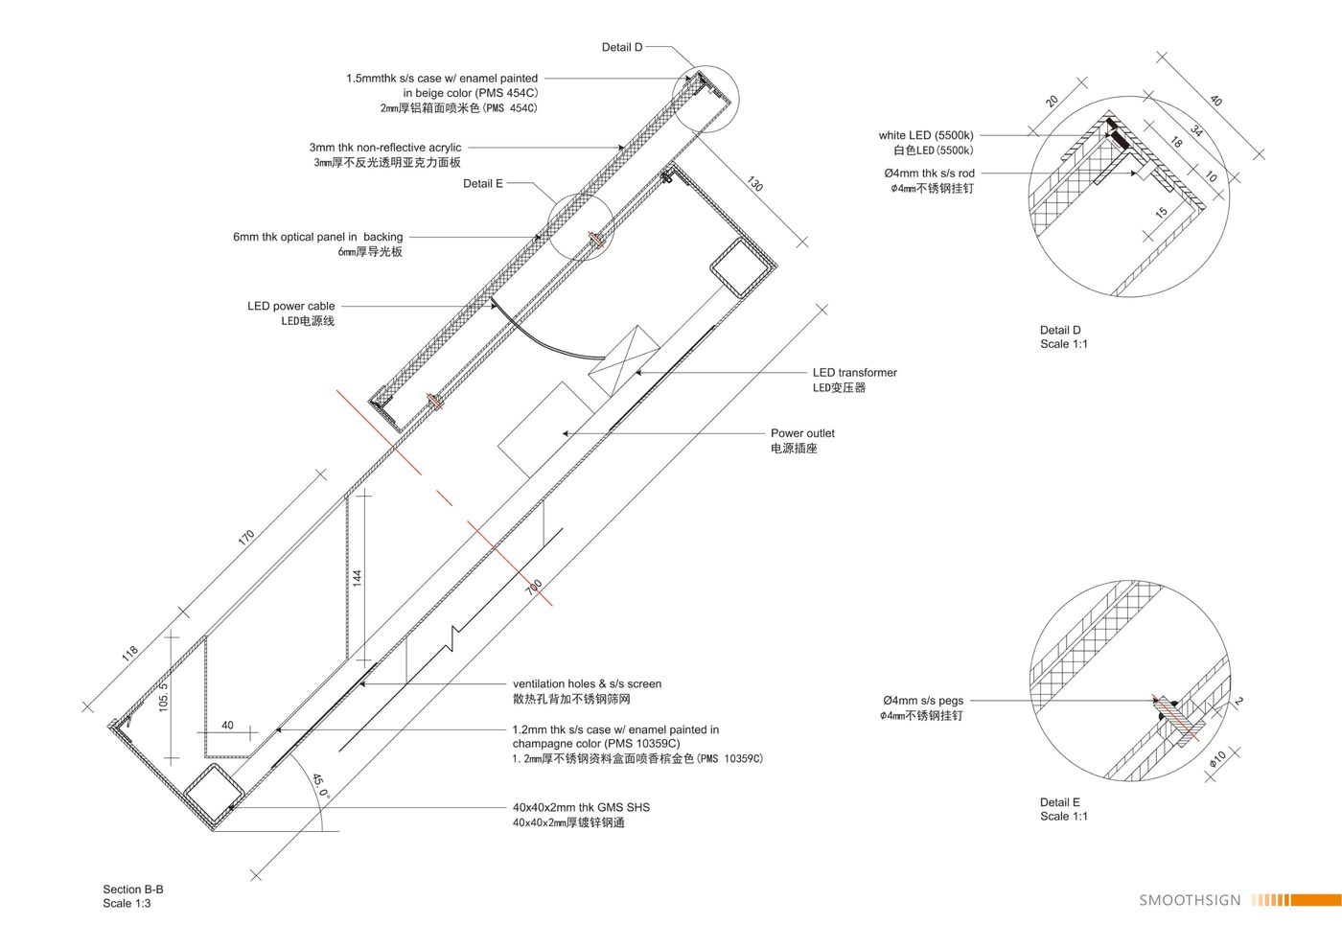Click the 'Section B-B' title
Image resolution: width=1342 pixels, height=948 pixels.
[133, 890]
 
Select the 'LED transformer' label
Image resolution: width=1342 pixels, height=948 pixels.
[854, 373]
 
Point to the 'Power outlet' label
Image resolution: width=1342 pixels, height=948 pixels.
[802, 433]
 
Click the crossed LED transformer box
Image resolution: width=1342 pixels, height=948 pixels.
[624, 360]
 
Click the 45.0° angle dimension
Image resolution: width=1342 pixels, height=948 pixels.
[321, 787]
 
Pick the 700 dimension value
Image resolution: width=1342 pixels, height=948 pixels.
[533, 588]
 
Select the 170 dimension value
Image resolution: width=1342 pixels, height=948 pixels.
[246, 538]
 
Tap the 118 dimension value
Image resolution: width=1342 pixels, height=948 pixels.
[129, 654]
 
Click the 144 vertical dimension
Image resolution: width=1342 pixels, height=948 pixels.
[357, 578]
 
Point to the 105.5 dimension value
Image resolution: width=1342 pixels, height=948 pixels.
[164, 697]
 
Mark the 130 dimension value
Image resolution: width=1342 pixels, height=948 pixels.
[755, 184]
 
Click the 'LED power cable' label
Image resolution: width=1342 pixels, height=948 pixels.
[291, 306]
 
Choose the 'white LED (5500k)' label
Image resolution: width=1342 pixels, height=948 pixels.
[926, 135]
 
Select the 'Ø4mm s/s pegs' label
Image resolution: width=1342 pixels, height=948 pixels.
[923, 701]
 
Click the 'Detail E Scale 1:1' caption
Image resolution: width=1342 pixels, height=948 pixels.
[1063, 809]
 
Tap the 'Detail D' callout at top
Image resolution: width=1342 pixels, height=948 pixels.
[622, 47]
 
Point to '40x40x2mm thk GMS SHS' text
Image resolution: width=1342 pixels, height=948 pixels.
[581, 808]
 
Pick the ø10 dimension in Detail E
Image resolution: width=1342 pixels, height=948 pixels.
[1217, 758]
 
